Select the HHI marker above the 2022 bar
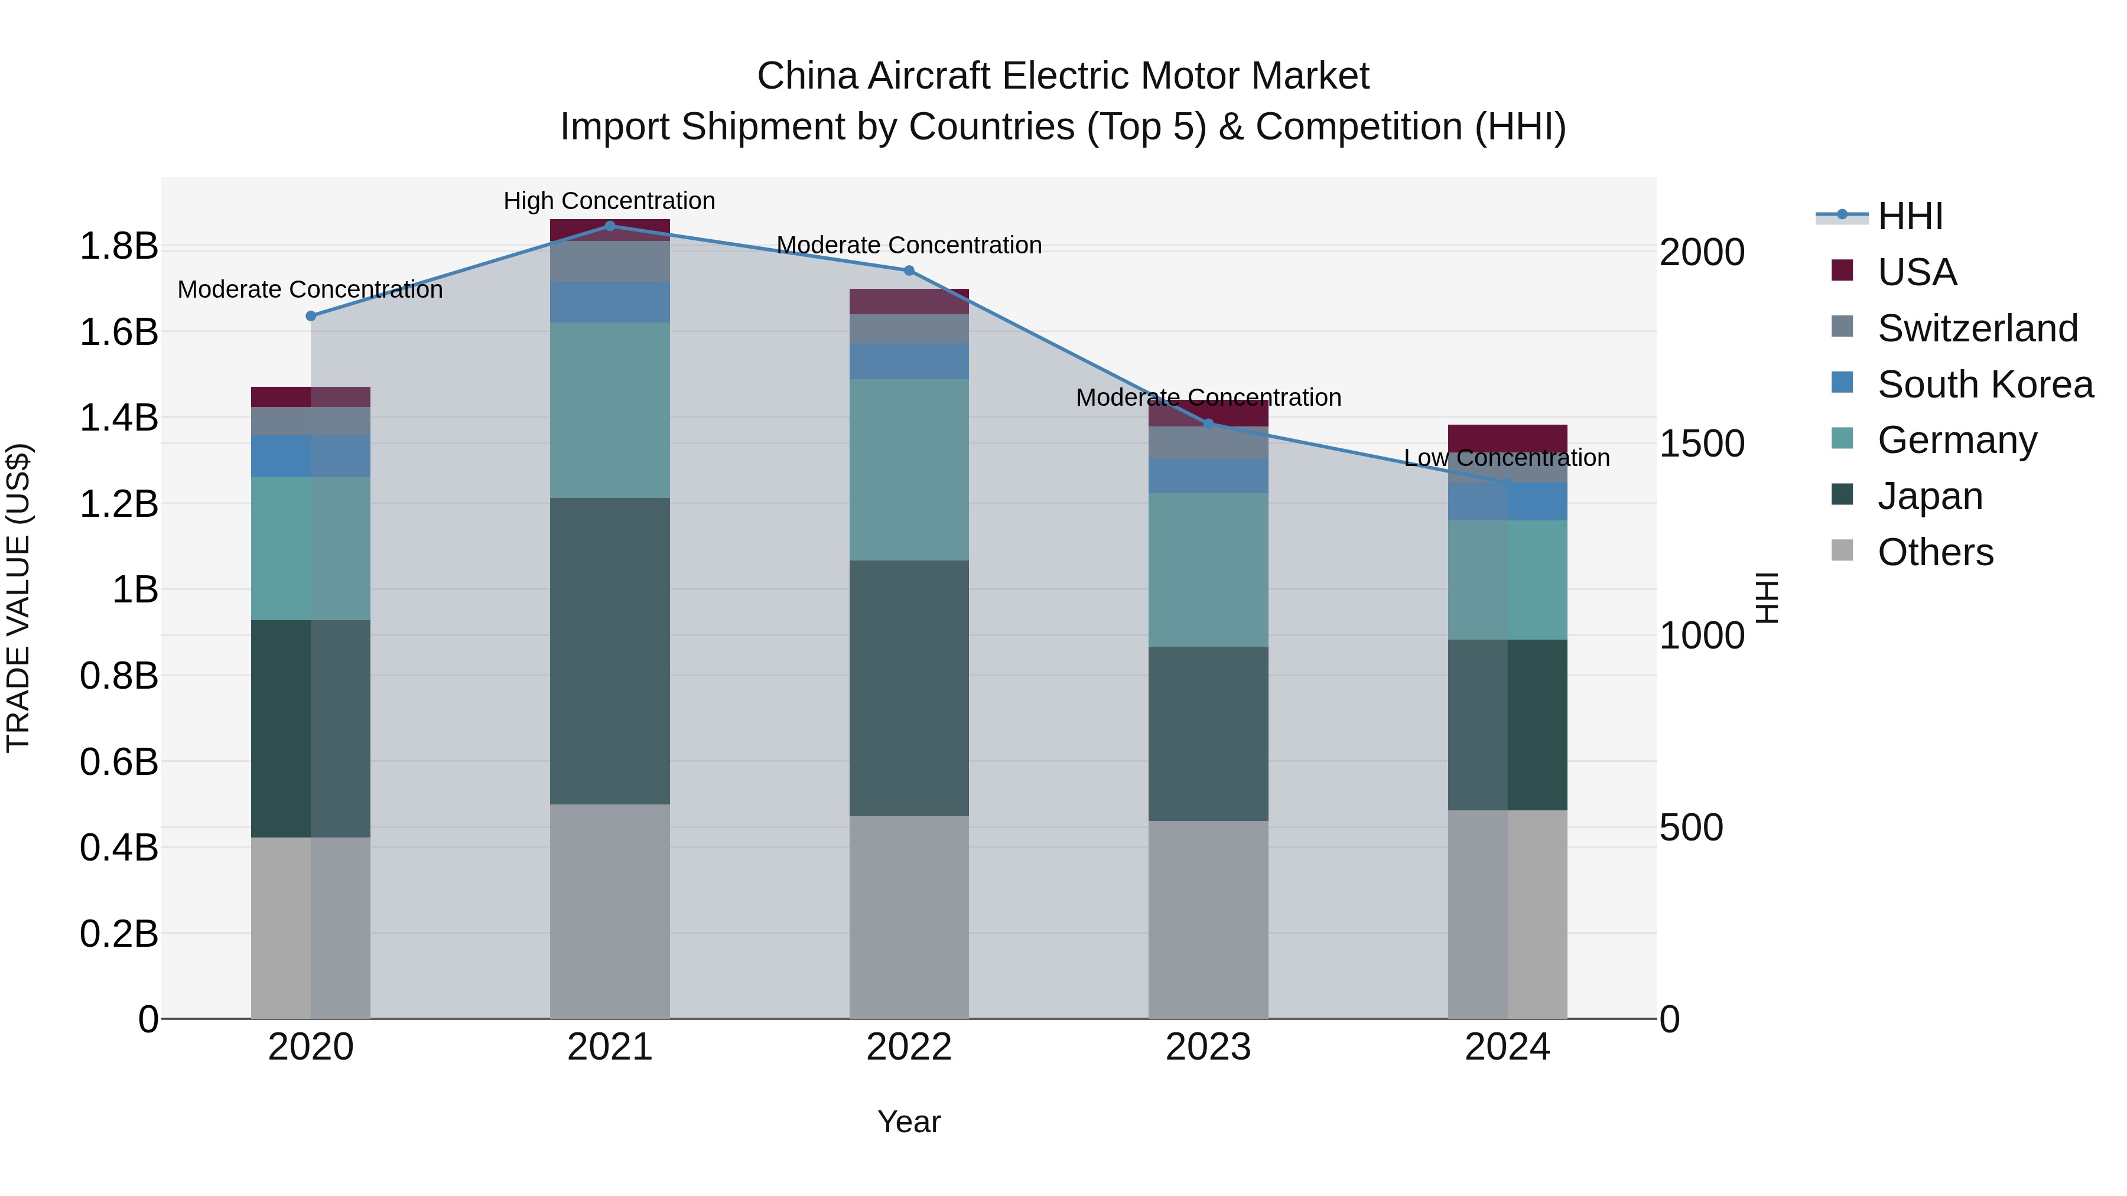pos(909,271)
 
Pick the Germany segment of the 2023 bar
pos(1208,569)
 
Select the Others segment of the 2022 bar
pos(909,917)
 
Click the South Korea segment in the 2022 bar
pos(909,361)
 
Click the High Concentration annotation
pos(609,201)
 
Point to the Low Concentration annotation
pos(1507,458)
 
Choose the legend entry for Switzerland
pos(1977,328)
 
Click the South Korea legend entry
pos(1985,384)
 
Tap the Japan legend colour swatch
pos(1842,496)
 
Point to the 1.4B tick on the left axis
pos(119,418)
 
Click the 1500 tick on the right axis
pos(1702,444)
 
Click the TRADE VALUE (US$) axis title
pos(19,598)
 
